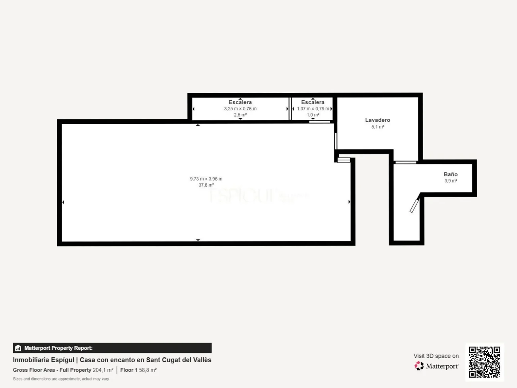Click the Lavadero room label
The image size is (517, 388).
377,120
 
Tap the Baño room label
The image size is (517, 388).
451,174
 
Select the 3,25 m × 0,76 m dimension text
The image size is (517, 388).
240,109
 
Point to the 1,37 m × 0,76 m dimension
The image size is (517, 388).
313,109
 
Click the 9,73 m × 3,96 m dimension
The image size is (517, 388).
206,179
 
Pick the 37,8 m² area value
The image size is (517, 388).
206,185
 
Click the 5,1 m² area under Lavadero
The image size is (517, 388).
377,127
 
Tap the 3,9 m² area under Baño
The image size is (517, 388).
451,181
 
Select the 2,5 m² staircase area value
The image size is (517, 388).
240,115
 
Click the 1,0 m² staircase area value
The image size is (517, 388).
313,115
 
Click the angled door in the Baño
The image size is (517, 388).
414,205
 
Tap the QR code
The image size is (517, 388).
484,362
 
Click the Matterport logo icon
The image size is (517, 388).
419,366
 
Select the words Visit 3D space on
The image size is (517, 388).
436,356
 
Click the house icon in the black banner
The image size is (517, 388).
18,348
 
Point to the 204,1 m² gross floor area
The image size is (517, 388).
103,370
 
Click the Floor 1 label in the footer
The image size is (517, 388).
128,370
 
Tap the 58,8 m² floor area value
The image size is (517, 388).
148,370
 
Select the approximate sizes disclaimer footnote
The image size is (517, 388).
61,379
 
